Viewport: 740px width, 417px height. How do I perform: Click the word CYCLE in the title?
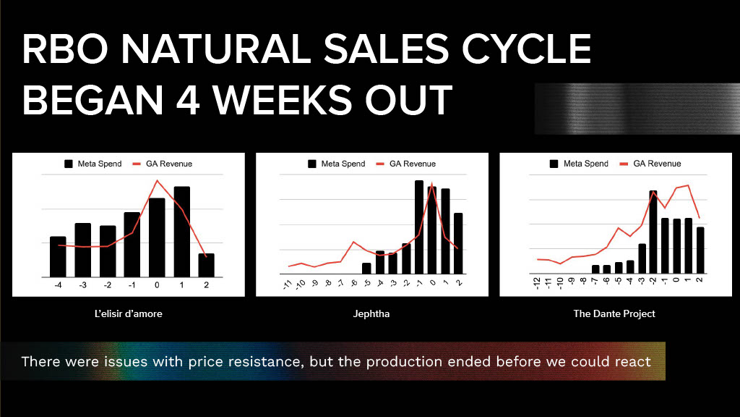pyautogui.click(x=526, y=49)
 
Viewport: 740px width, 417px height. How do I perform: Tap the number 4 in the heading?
pyautogui.click(x=188, y=100)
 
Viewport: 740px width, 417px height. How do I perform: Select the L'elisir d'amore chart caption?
pyautogui.click(x=129, y=313)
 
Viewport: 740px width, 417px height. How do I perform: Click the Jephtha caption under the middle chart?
pyautogui.click(x=371, y=313)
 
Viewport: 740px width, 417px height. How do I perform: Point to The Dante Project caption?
pyautogui.click(x=614, y=313)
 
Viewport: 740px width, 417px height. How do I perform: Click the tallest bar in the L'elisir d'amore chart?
pyautogui.click(x=181, y=232)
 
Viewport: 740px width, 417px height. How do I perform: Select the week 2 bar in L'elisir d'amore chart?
pyautogui.click(x=206, y=265)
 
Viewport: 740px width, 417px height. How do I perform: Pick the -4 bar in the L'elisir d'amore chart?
pyautogui.click(x=58, y=257)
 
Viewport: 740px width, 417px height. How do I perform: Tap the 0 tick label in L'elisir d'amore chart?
pyautogui.click(x=157, y=285)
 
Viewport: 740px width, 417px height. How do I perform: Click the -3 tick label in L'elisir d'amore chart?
pyautogui.click(x=82, y=285)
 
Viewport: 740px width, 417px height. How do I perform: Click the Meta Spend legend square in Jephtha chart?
pyautogui.click(x=312, y=164)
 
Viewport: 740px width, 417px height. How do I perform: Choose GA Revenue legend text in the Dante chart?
pyautogui.click(x=657, y=164)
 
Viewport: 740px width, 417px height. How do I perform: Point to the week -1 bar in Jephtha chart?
pyautogui.click(x=419, y=227)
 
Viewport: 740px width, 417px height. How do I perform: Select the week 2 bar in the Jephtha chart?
pyautogui.click(x=458, y=243)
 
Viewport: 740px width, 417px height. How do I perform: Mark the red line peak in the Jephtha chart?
pyautogui.click(x=432, y=183)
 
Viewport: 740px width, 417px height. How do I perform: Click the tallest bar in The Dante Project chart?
pyautogui.click(x=653, y=232)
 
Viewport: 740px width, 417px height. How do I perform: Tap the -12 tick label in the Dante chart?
pyautogui.click(x=537, y=283)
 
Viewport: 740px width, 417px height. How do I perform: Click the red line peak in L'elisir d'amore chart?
pyautogui.click(x=157, y=180)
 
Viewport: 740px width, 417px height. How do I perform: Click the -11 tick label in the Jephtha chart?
pyautogui.click(x=288, y=284)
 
